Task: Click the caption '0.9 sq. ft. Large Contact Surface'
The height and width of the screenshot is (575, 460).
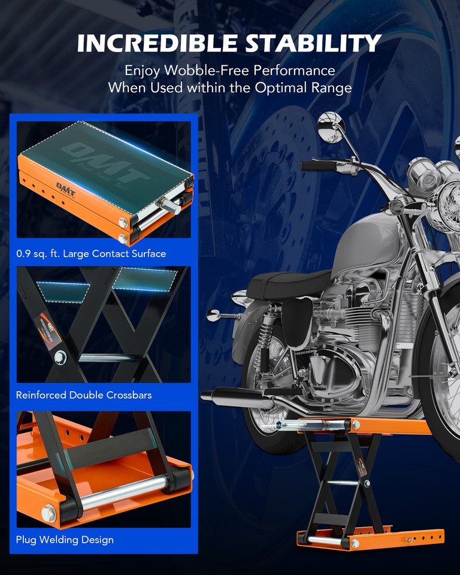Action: point(91,253)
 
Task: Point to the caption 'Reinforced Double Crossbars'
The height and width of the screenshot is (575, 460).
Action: point(84,395)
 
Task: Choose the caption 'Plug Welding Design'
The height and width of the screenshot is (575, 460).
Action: point(65,540)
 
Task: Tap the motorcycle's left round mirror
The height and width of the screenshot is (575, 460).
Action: point(329,126)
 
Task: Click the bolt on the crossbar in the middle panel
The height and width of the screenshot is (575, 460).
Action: point(60,358)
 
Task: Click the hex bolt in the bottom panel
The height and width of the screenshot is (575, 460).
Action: point(49,513)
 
